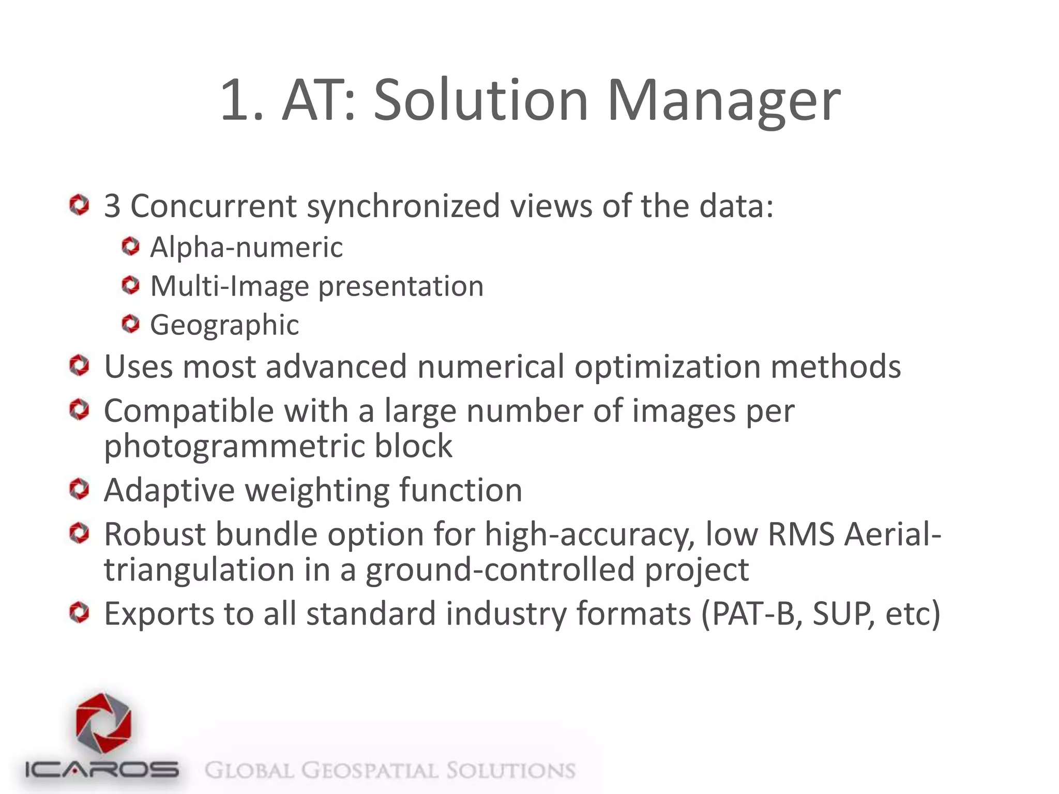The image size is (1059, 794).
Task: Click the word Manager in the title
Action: pyautogui.click(x=723, y=101)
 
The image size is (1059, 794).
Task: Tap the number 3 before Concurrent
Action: pyautogui.click(x=112, y=206)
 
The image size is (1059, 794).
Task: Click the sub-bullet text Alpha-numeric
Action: pyautogui.click(x=246, y=247)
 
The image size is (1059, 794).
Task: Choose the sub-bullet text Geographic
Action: pyautogui.click(x=224, y=325)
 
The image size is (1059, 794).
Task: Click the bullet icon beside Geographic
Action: pyautogui.click(x=131, y=324)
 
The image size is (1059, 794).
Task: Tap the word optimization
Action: pyautogui.click(x=667, y=367)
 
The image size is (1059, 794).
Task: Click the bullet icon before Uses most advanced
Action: pyautogui.click(x=79, y=366)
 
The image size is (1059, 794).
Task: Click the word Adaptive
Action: pyautogui.click(x=169, y=490)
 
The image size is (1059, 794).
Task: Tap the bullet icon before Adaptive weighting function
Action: pyautogui.click(x=79, y=489)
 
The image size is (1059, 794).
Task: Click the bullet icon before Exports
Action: pyautogui.click(x=79, y=613)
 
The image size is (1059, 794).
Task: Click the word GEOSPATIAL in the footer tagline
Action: pyautogui.click(x=370, y=770)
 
